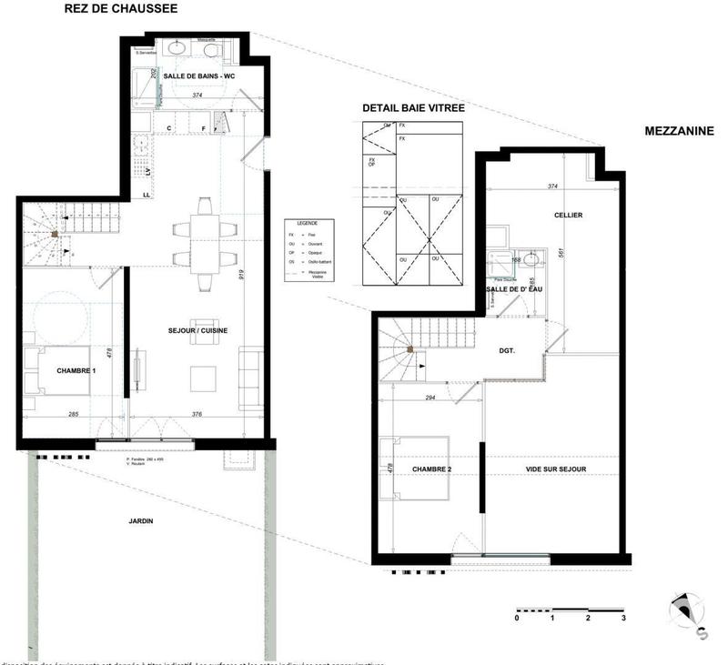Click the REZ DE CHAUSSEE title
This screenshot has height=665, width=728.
click(120, 9)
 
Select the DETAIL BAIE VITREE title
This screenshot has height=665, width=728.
click(413, 108)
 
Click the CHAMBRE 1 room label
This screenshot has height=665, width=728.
click(76, 371)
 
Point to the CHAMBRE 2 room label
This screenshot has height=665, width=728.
click(432, 469)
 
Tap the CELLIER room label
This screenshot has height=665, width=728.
click(568, 216)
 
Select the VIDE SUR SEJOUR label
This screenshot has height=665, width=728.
click(556, 469)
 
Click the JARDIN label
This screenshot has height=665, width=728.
click(140, 521)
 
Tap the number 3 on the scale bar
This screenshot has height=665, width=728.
click(623, 618)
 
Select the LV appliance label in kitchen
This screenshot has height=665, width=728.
click(147, 170)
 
